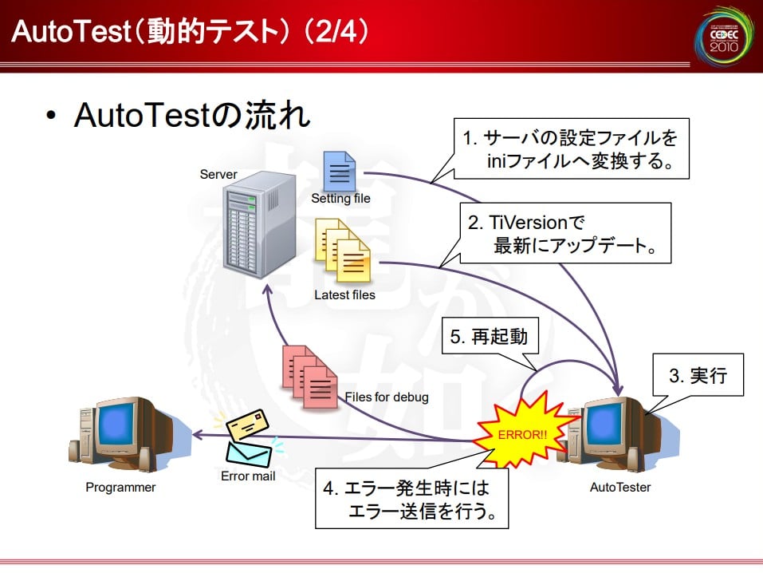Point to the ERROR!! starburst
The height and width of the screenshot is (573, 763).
tap(524, 434)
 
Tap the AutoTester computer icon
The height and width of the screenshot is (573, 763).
tap(615, 436)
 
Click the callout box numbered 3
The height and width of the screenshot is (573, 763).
tap(698, 375)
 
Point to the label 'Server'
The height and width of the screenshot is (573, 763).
tap(218, 174)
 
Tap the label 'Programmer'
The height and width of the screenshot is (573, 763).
tap(120, 487)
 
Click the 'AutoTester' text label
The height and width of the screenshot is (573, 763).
tap(620, 487)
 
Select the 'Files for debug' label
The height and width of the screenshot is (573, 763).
tap(387, 397)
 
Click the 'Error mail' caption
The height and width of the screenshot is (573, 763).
tap(248, 476)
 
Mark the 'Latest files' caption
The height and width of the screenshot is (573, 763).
tap(344, 294)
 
